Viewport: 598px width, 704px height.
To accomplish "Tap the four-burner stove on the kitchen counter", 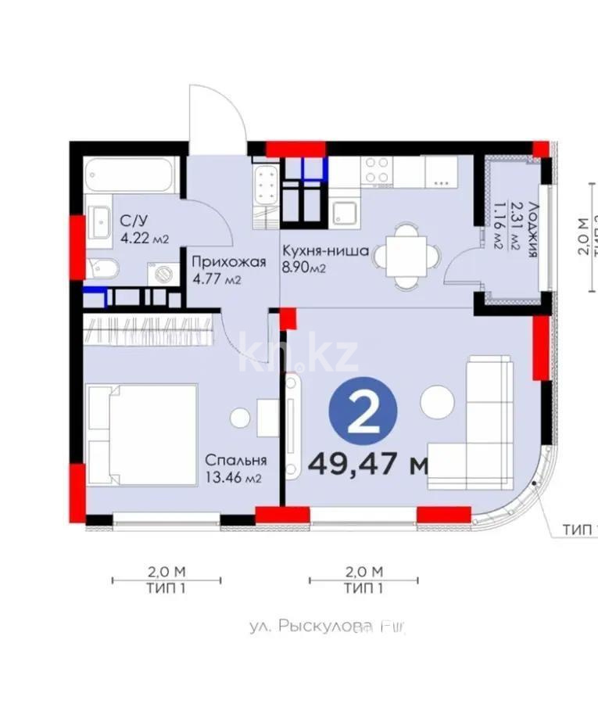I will coord(378,170).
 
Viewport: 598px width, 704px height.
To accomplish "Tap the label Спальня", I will coord(237,460).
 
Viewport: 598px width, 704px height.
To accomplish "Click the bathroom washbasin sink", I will coord(99,221).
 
